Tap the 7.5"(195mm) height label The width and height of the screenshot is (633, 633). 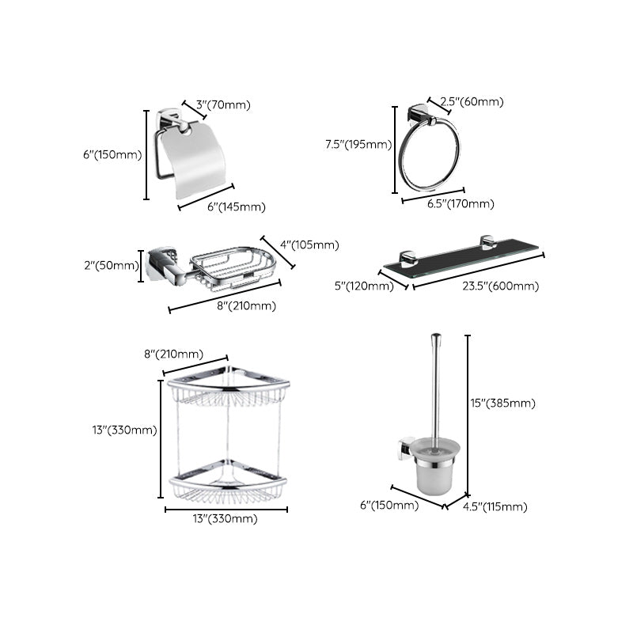pos(358,144)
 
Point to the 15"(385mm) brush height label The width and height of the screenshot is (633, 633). pos(503,403)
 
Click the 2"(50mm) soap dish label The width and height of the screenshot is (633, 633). pos(111,265)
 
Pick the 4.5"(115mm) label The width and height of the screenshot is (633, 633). pos(495,507)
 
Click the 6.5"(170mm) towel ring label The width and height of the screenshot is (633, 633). pos(461,203)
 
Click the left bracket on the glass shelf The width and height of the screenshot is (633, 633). pos(407,258)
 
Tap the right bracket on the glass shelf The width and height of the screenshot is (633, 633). pos(487,243)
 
